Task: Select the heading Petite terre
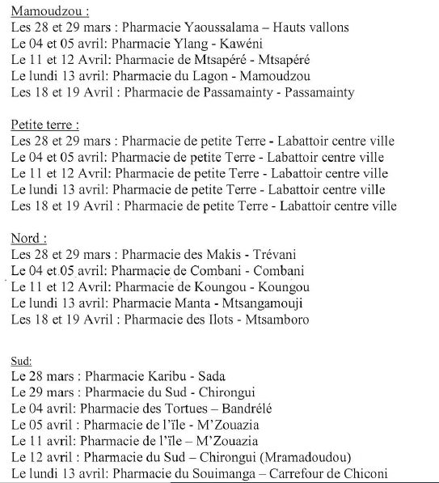tap(44, 125)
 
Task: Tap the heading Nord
tap(28, 238)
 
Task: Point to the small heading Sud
tap(22, 358)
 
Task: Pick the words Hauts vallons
tap(311, 28)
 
